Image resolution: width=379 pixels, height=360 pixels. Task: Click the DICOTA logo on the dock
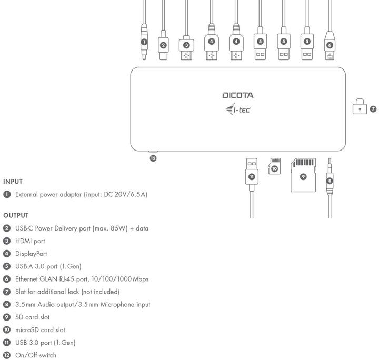point(237,95)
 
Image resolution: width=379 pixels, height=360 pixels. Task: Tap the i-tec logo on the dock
point(237,109)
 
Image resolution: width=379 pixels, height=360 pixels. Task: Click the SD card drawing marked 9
point(303,175)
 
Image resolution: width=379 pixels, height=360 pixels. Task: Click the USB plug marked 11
point(252,174)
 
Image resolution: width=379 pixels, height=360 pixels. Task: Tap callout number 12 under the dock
point(153,158)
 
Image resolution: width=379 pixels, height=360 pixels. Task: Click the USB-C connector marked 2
point(163,45)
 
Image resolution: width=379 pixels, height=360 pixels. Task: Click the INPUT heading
point(13,181)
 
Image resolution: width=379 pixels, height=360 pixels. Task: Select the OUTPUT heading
point(16,215)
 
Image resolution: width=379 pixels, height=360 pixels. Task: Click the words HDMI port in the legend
point(30,241)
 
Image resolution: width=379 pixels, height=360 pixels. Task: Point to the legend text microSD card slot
point(40,330)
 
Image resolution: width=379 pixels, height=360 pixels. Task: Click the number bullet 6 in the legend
point(7,279)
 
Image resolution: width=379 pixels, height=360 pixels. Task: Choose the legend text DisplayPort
point(31,253)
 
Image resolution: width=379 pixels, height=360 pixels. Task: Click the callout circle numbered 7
point(373,109)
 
